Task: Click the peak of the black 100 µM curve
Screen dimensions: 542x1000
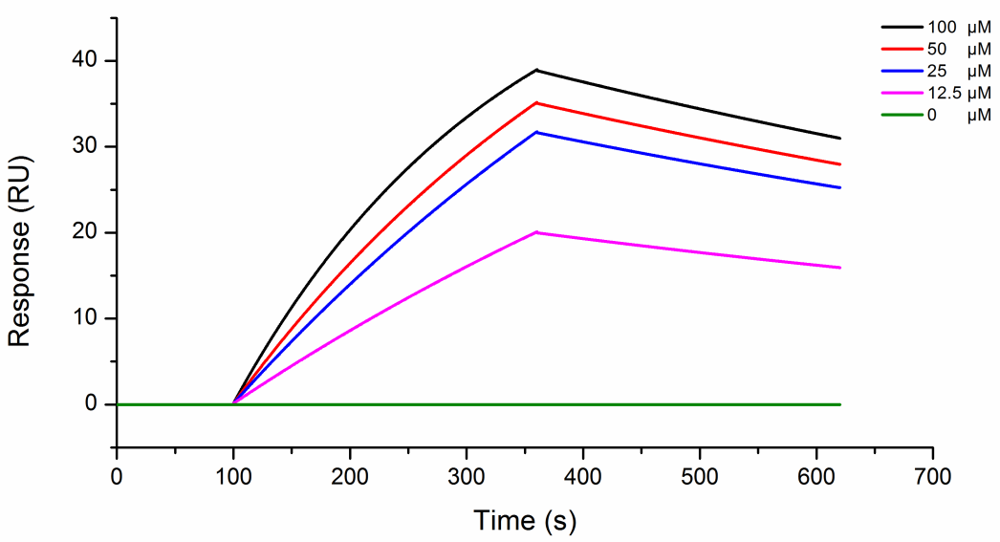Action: coord(537,70)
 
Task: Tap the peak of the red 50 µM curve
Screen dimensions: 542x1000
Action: coord(537,102)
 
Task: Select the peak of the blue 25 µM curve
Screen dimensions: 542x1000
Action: coord(537,132)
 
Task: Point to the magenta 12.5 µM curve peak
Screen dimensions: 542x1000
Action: coord(537,232)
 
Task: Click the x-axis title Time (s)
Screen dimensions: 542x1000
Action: coord(525,521)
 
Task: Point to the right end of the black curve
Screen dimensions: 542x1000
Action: coord(840,139)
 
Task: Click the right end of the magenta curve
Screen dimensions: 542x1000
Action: coord(840,268)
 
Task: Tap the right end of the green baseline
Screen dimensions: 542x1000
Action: coord(840,404)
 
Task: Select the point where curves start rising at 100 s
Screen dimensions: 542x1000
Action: coord(233,403)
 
